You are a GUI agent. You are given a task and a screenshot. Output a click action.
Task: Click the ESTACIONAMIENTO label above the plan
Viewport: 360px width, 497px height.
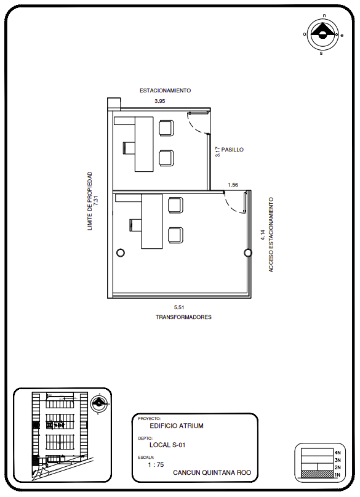coord(166,91)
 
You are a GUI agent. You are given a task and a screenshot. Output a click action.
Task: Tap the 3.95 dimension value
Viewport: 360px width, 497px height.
coord(160,101)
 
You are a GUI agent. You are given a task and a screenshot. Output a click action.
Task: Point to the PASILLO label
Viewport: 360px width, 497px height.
coord(233,150)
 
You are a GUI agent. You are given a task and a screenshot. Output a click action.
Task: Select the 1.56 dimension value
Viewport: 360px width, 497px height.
coord(233,185)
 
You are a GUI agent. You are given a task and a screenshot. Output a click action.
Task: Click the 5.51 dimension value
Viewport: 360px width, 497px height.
coord(179,307)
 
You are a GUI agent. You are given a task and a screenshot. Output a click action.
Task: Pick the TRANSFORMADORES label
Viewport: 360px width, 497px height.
coord(183,317)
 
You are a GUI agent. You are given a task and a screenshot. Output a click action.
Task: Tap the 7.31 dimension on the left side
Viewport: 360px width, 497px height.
coord(96,201)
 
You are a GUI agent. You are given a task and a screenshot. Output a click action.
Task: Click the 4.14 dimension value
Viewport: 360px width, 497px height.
coord(263,235)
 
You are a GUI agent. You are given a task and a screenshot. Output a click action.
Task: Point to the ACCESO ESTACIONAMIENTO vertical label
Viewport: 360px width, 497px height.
coord(271,235)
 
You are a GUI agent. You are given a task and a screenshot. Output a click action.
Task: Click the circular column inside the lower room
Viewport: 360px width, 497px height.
coord(121,253)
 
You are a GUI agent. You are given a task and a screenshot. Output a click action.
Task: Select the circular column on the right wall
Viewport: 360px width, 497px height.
coord(248,253)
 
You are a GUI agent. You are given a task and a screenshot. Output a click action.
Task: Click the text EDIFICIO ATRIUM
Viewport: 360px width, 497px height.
coord(177,426)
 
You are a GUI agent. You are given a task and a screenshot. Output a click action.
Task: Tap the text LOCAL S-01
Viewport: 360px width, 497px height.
coord(167,445)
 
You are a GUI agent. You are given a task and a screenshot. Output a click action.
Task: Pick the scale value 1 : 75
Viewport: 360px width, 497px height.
coord(156,465)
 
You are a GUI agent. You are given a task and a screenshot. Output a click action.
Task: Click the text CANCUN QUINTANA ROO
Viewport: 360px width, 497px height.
coord(212,472)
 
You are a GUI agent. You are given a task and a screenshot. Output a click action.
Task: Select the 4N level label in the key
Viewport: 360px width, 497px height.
coord(337,453)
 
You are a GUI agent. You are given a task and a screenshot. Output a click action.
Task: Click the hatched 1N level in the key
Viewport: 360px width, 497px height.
coord(317,474)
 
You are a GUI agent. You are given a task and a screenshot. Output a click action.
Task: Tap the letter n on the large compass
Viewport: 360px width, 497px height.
coord(324,15)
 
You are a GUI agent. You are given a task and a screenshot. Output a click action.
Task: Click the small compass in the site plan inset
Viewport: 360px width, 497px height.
coord(99,403)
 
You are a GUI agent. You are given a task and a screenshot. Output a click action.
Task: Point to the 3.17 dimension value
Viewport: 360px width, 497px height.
coord(217,152)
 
